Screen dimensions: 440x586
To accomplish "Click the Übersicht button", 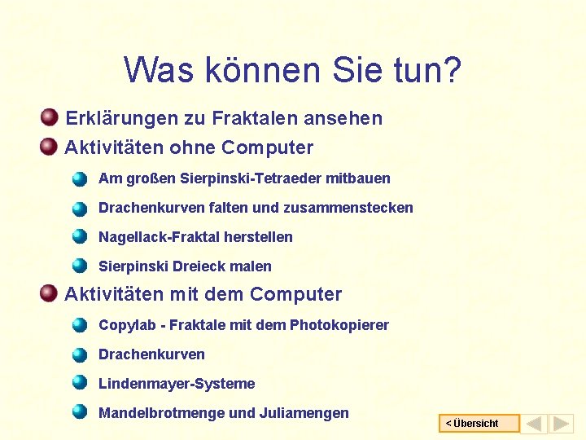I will [x=479, y=424].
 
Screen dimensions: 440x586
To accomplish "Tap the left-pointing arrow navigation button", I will [x=534, y=424].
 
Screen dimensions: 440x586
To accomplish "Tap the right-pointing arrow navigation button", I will [x=561, y=424].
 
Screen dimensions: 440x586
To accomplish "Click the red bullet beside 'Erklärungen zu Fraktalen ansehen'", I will [x=49, y=117].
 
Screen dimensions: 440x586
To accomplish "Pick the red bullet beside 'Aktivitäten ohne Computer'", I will [x=49, y=147].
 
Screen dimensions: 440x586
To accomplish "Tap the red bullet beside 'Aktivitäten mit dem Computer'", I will [x=49, y=293].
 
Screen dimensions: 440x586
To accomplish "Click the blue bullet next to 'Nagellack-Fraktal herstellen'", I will [x=79, y=237].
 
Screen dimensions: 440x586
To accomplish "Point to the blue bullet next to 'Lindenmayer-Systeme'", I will [x=79, y=383].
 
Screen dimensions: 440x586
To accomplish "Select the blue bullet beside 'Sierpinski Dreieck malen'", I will [x=79, y=266].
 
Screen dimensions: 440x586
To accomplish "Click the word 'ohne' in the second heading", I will [x=192, y=147].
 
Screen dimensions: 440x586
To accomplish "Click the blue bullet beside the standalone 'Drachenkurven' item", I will [x=79, y=354].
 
